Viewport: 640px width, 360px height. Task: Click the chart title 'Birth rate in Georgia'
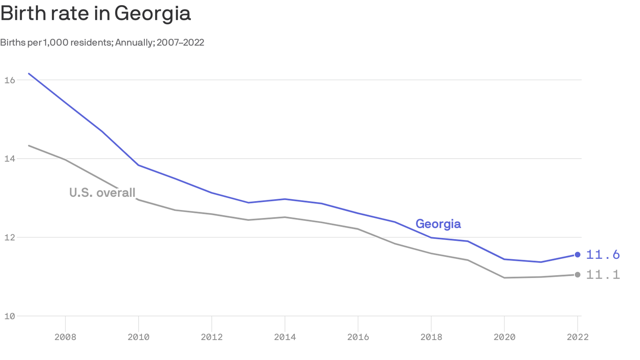coord(96,14)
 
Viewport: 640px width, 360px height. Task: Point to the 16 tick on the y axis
coord(9,80)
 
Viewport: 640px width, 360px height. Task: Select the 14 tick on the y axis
coord(9,159)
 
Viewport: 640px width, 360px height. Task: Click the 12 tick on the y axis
coord(9,238)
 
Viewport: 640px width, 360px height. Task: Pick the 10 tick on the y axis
coord(9,316)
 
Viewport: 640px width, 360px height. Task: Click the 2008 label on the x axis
coord(65,337)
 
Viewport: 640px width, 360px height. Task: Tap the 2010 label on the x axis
coord(138,337)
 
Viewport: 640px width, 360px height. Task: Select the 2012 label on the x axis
coord(212,337)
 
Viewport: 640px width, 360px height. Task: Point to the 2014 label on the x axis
coord(285,337)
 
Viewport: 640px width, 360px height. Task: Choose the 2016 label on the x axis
coord(358,337)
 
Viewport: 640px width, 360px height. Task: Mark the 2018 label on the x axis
coord(431,337)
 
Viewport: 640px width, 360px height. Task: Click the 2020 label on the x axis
coord(504,337)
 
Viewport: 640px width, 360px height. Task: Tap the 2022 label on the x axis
coord(577,337)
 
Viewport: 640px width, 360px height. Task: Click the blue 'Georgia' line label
coord(438,224)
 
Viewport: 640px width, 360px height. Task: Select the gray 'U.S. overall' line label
coord(102,193)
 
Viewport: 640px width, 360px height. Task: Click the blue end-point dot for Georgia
coord(577,255)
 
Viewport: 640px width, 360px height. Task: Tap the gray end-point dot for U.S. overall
coord(577,275)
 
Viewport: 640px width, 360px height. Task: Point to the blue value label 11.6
coord(603,255)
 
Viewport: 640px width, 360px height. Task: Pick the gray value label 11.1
coord(603,275)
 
